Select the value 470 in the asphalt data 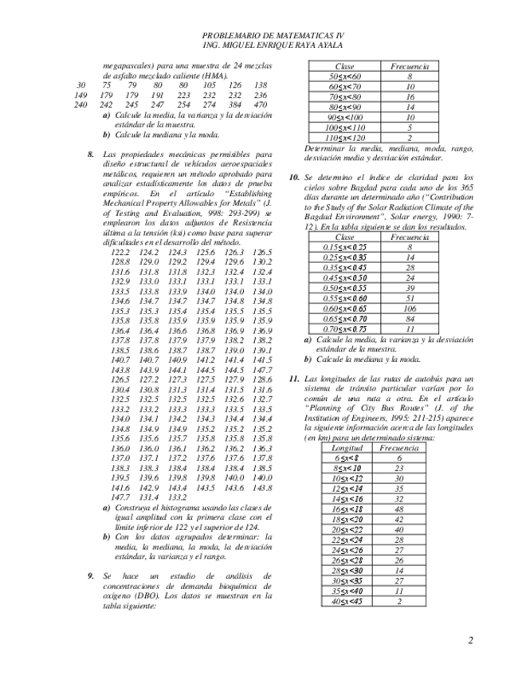pos(261,104)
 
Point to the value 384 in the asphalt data pos(235,104)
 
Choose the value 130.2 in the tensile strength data pos(261,261)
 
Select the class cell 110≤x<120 pos(344,137)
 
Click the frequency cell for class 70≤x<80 pos(410,96)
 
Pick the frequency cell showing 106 pos(410,309)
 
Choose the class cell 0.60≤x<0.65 pos(344,309)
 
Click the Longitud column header pos(346,448)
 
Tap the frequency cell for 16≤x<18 pos(398,509)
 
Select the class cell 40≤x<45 pos(346,601)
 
